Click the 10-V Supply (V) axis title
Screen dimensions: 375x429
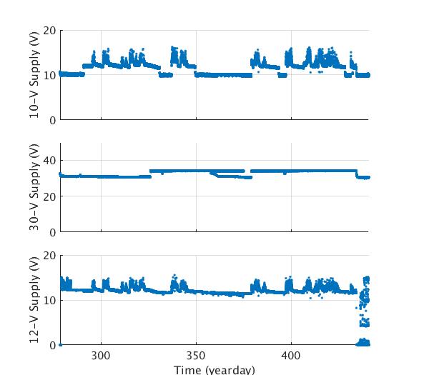tap(34, 75)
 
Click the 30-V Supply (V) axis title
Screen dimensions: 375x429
tap(34, 187)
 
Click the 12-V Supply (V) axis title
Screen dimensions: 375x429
tap(34, 300)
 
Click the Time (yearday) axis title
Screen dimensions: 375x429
tap(214, 369)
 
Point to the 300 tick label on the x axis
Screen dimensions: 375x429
tap(101, 356)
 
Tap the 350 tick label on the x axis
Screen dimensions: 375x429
tap(196, 356)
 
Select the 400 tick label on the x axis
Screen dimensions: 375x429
tap(291, 356)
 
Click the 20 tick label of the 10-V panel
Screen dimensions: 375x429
tap(49, 31)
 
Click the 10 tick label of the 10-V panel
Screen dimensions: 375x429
tap(49, 75)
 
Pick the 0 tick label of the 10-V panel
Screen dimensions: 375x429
tap(52, 120)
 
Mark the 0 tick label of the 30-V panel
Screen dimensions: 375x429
tap(52, 232)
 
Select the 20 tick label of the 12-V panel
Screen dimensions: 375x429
tap(49, 256)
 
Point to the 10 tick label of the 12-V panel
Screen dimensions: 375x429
tap(49, 300)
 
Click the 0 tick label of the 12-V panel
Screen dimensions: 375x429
tap(52, 345)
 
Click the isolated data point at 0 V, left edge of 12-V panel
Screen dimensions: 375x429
tap(61, 344)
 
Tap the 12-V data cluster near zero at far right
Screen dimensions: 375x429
tap(364, 342)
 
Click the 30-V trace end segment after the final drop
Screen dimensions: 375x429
tap(363, 177)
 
